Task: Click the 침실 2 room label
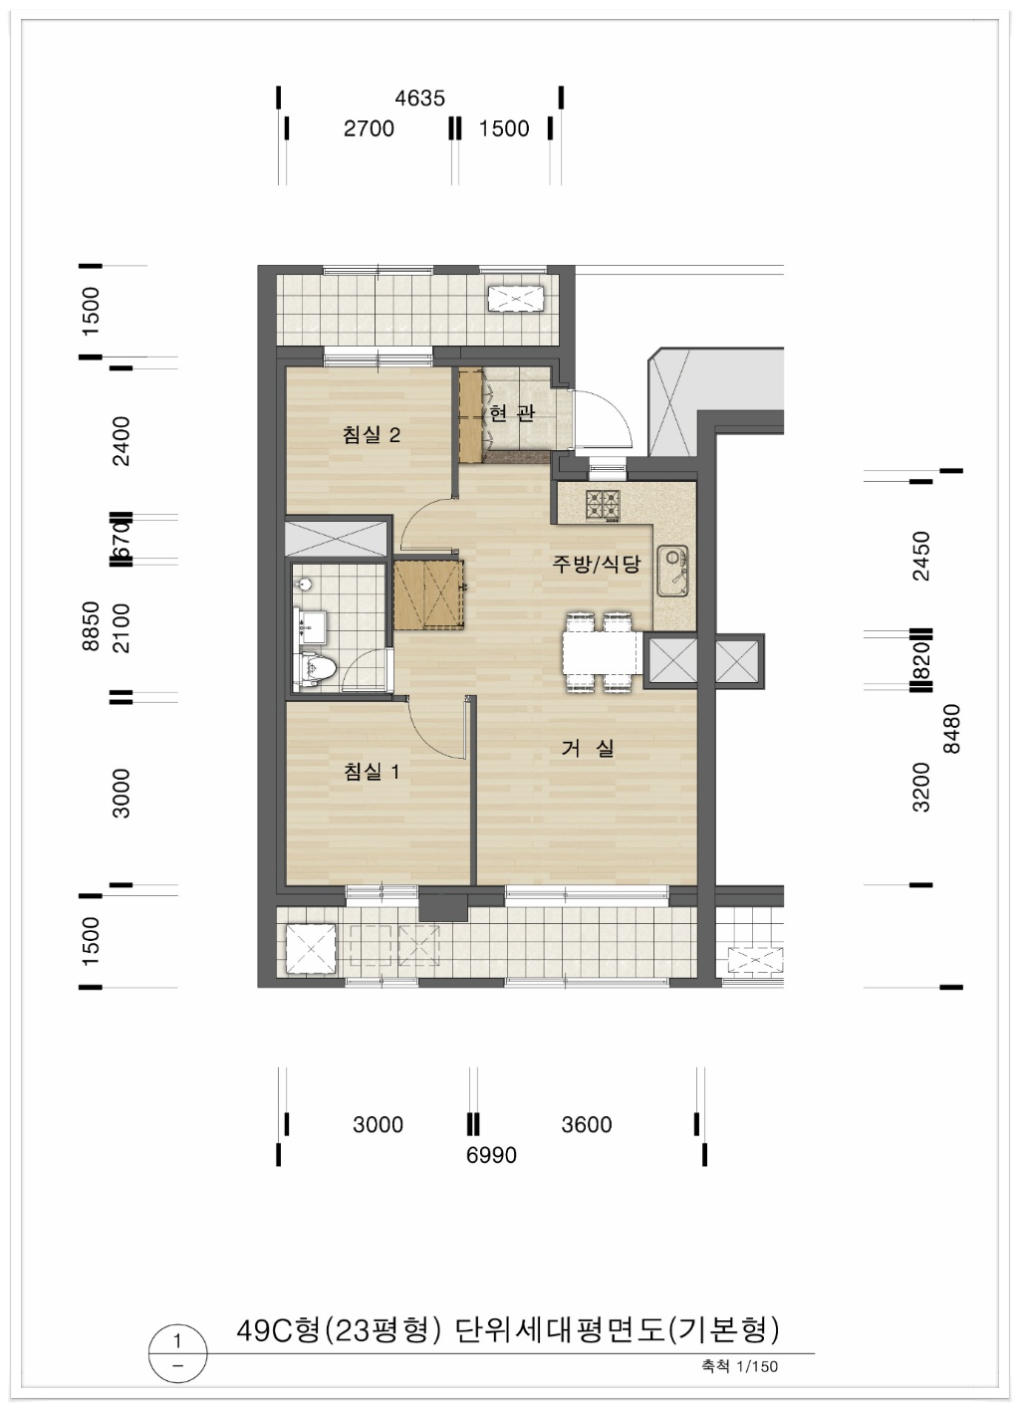coord(371,434)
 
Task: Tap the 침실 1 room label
coord(371,772)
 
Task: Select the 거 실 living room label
coord(588,748)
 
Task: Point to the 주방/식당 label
coord(596,564)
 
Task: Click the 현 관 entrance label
coord(512,413)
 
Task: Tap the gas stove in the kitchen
coord(603,506)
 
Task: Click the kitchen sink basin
coord(673,572)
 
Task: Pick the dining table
coord(602,653)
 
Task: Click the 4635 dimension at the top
coord(419,98)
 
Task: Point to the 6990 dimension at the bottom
coord(491,1155)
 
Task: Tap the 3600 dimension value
coord(586,1124)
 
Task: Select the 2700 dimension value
coord(369,128)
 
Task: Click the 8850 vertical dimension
coord(92,625)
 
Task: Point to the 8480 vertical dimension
coord(952,729)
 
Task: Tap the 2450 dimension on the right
coord(922,557)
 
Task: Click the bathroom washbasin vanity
coord(312,626)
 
